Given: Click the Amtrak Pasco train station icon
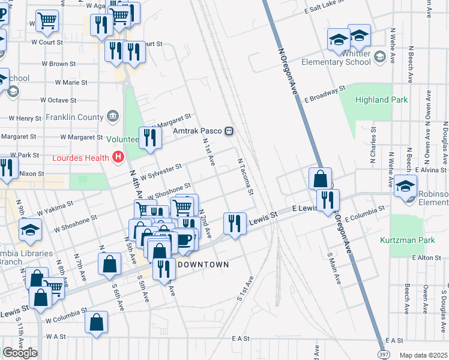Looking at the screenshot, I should pos(229,131).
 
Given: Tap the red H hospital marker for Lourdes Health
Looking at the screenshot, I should pos(118,158).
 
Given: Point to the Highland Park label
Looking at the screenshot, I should pos(381,100).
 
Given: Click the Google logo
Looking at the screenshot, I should pos(20,353).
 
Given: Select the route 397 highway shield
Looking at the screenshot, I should pos(382,355).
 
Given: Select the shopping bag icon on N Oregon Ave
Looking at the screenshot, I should pos(321,179).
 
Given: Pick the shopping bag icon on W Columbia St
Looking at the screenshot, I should pos(96,322).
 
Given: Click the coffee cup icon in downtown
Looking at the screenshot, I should pos(184,239).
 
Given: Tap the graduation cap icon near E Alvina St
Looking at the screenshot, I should pos(405,186).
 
